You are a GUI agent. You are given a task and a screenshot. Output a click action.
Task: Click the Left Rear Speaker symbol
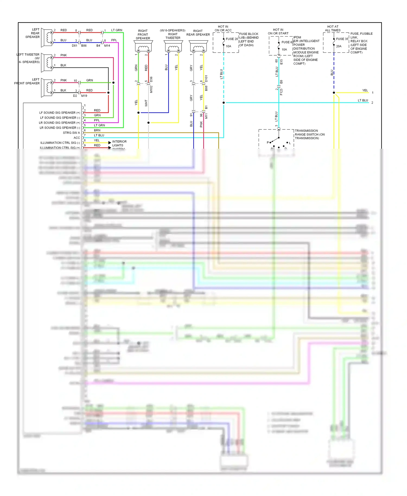(47, 38)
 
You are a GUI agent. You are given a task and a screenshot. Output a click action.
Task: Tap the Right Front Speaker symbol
(143, 47)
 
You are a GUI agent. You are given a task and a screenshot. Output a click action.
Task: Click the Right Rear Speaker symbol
(198, 47)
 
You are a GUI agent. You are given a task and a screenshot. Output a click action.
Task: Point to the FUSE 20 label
(232, 39)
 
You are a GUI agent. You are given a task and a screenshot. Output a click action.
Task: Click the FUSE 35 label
(342, 39)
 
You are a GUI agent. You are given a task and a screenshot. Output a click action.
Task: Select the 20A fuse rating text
(339, 46)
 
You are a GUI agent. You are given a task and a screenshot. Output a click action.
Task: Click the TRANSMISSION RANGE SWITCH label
(309, 134)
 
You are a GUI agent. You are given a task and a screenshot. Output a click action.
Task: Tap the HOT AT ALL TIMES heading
(333, 28)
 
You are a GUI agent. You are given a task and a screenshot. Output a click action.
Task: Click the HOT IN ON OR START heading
(278, 31)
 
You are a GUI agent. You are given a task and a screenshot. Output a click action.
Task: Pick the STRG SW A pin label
(71, 133)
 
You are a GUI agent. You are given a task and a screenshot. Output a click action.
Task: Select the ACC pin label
(77, 138)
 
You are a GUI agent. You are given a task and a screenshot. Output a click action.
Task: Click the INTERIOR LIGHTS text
(119, 144)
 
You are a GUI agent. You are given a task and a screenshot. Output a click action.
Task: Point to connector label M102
(151, 89)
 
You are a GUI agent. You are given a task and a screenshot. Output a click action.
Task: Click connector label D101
(206, 79)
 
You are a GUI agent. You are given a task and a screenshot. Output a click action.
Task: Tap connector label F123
(281, 92)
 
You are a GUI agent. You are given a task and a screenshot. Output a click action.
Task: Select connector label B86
(84, 46)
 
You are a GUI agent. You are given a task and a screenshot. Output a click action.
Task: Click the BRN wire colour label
(97, 130)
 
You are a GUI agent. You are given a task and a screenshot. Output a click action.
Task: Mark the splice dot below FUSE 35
(334, 93)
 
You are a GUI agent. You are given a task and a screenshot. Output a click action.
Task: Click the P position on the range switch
(268, 142)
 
